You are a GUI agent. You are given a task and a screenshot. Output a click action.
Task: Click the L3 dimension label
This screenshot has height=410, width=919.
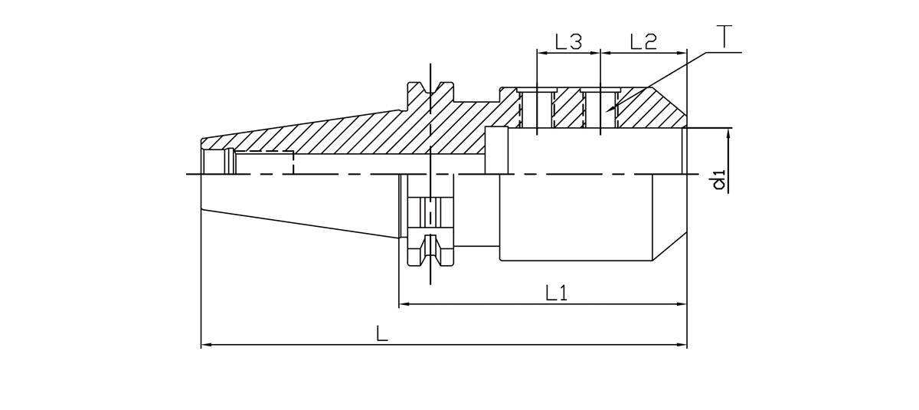(x=568, y=42)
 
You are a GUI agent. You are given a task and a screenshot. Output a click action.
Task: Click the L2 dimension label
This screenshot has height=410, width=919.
(x=643, y=42)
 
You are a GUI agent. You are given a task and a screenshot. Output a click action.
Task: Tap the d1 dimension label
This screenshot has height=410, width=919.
(x=718, y=182)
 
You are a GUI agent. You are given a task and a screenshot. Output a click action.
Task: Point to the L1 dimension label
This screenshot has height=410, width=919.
(x=556, y=292)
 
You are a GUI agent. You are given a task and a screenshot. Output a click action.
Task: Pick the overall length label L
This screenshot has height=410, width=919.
(x=382, y=333)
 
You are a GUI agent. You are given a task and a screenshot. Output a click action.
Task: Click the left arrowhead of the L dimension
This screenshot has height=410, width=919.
(x=205, y=346)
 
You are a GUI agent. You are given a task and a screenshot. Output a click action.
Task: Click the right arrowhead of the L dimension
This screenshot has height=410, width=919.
(x=682, y=346)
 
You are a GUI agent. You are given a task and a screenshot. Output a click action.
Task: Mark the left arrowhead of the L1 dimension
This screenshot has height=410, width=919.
(x=404, y=304)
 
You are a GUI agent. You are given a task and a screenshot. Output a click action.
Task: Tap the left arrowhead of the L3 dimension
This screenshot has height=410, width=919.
(x=541, y=54)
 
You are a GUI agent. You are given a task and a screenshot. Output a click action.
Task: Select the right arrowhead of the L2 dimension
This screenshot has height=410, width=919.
(x=682, y=54)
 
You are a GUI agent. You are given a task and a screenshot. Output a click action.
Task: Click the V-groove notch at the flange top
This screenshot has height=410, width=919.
(x=430, y=90)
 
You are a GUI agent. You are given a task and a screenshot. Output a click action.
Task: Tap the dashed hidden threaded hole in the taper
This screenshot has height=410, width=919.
(x=264, y=162)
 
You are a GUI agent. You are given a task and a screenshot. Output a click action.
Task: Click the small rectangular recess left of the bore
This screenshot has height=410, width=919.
(x=496, y=150)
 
